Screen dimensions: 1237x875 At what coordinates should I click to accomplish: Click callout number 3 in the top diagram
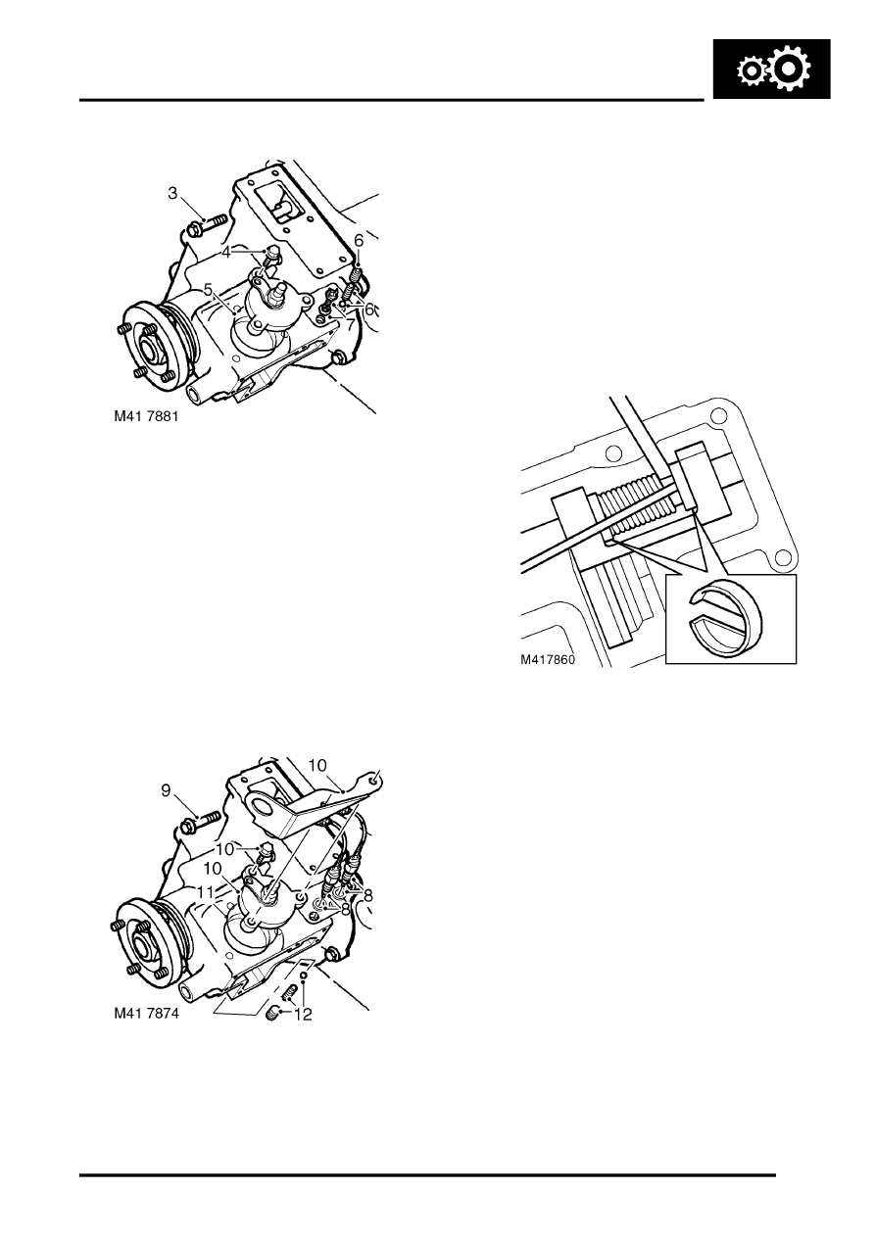[172, 193]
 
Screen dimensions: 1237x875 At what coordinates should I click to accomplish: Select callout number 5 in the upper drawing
[208, 290]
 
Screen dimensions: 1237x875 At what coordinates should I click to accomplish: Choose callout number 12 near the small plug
[304, 1015]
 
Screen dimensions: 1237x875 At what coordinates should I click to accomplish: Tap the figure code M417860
[547, 660]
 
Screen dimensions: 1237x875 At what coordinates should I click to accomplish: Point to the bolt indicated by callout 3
[206, 228]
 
